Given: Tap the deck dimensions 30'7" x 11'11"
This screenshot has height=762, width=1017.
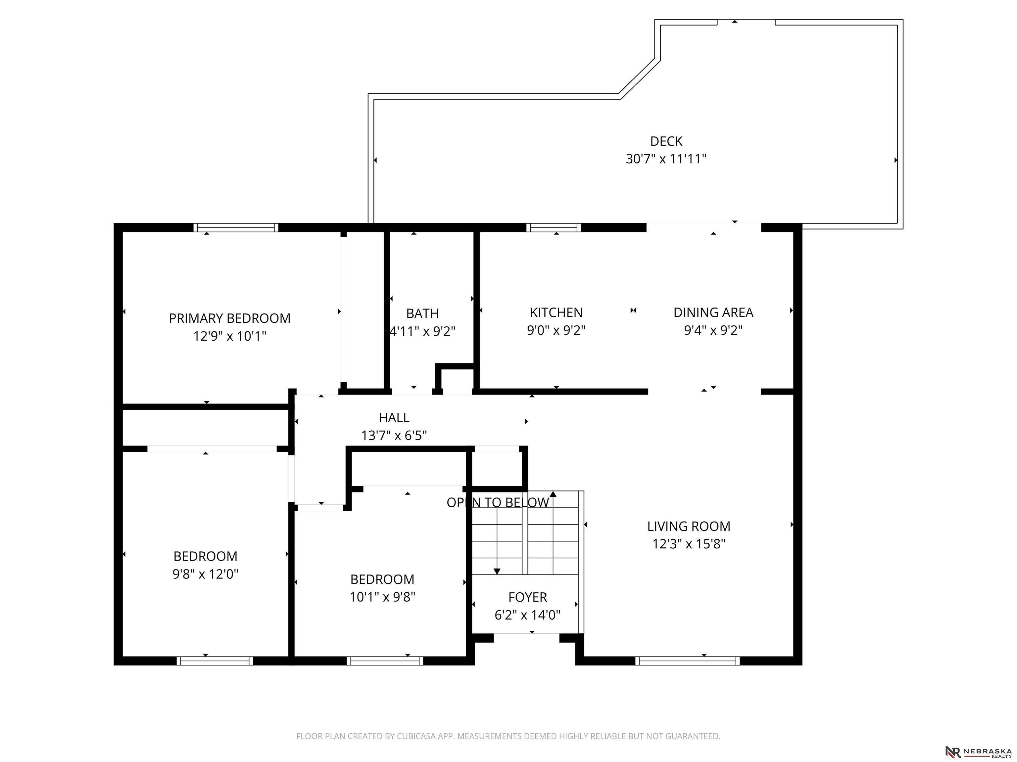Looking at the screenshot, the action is [666, 159].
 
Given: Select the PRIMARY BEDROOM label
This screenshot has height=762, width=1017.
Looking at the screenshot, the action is [229, 318].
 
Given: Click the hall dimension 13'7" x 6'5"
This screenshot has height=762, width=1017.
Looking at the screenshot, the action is [394, 436].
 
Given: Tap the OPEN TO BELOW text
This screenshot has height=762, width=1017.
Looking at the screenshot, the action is [498, 502].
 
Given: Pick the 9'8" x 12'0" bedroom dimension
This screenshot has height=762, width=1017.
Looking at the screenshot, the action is [205, 574].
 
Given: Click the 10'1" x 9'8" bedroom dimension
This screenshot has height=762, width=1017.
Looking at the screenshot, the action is [382, 597].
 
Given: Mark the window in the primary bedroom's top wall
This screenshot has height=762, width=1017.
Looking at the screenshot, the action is [236, 227].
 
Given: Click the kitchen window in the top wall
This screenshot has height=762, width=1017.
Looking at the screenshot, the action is [554, 227].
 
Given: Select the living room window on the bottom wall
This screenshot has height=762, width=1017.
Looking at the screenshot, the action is [687, 661].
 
